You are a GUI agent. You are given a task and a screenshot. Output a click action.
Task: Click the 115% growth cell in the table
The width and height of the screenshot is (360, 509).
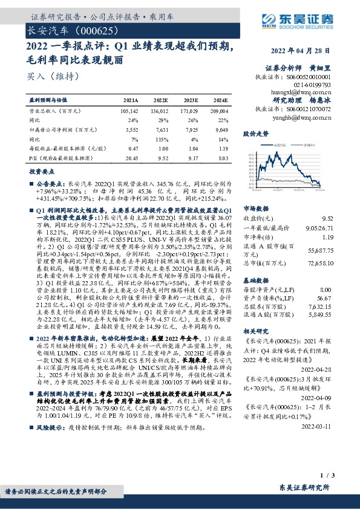(161, 138)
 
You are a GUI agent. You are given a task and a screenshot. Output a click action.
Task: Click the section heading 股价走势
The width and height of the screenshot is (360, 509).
(255, 133)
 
